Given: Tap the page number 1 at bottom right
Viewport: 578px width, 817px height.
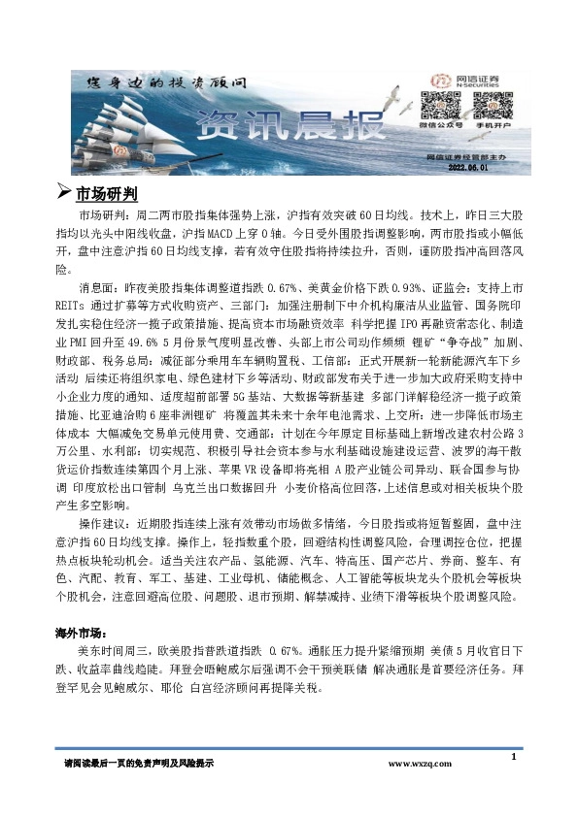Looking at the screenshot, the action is tap(512, 754).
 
